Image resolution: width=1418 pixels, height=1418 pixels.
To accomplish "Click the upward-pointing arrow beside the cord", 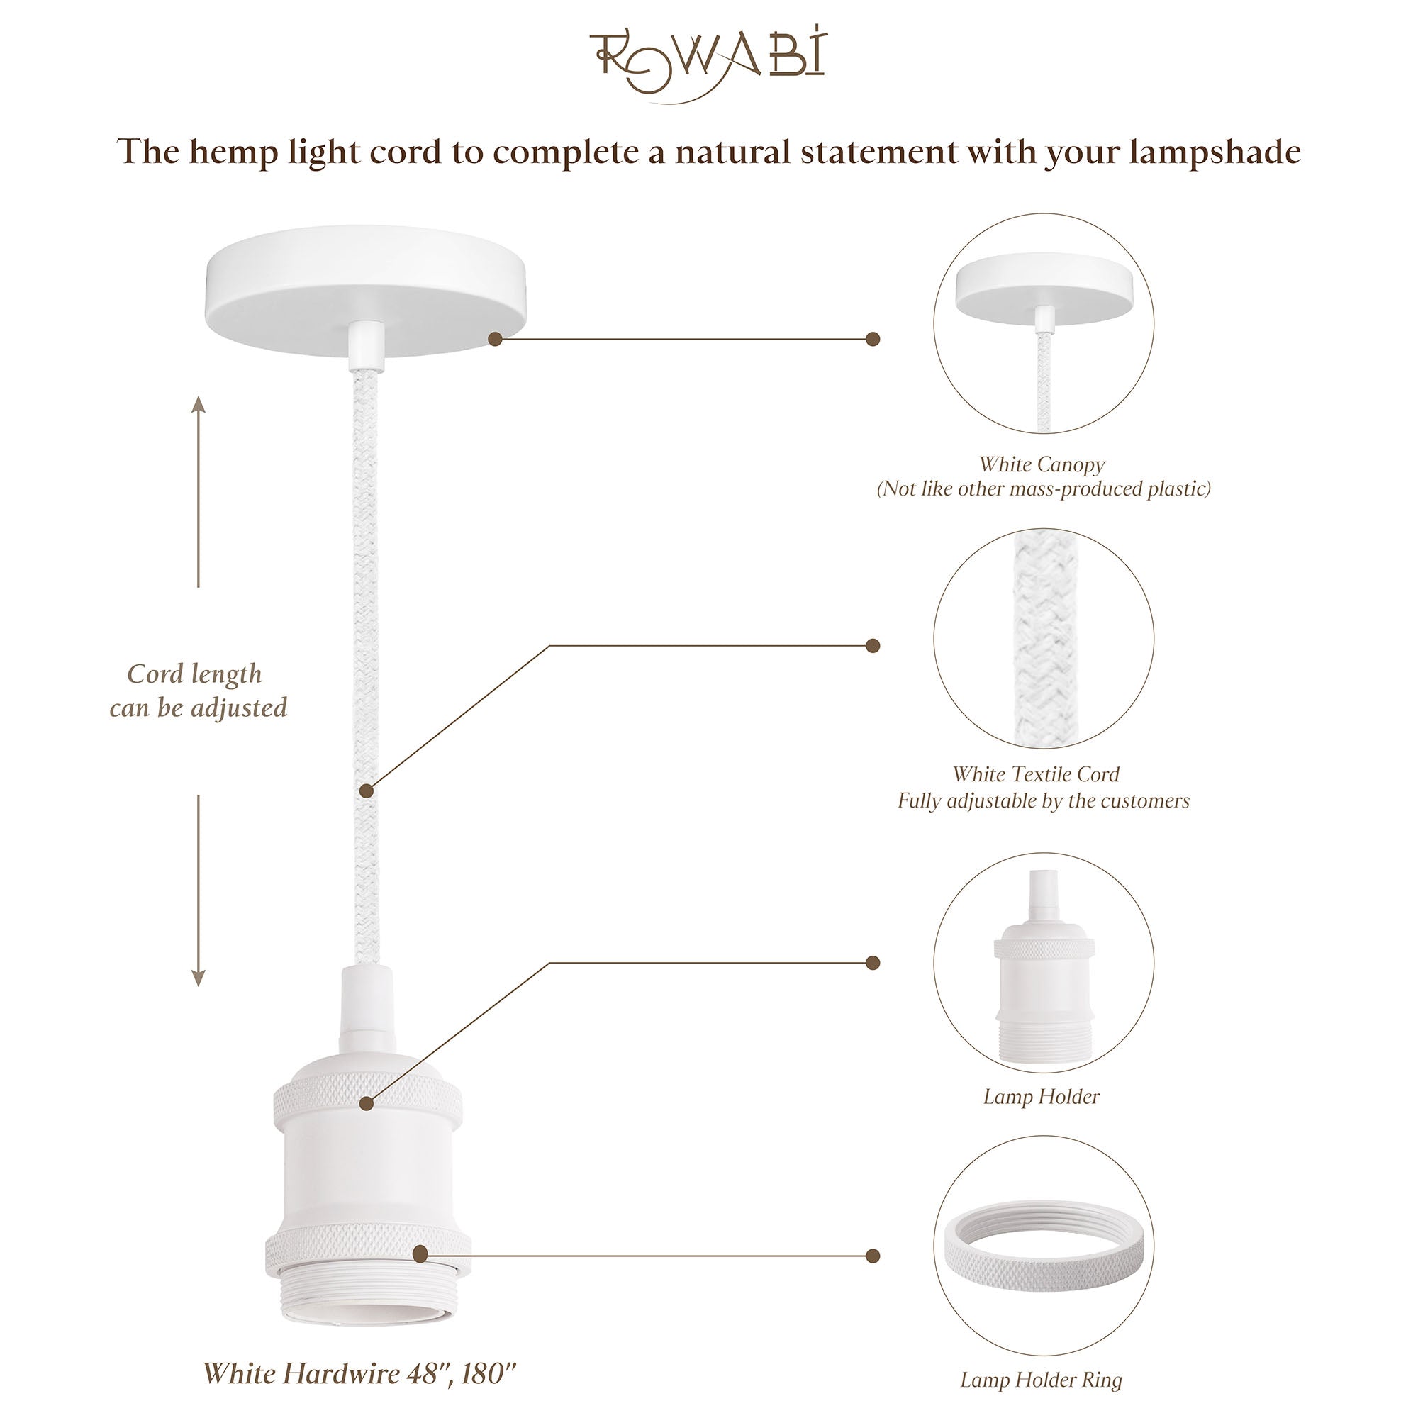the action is (x=199, y=492).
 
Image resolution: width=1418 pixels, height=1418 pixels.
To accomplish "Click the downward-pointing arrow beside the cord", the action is (x=199, y=891).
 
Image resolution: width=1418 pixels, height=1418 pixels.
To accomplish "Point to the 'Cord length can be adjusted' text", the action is (x=199, y=691).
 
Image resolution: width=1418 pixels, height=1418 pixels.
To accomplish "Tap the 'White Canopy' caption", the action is (x=1042, y=464).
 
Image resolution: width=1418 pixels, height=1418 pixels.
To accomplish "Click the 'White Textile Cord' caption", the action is (x=1036, y=774).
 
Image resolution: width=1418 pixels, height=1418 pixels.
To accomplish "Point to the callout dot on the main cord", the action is (x=367, y=791).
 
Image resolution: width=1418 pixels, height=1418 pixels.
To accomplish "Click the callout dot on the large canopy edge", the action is (x=496, y=339).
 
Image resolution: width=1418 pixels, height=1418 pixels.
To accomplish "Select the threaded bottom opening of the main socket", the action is (x=369, y=1299).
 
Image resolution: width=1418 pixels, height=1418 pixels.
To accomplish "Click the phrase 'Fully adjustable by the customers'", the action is (x=1043, y=800).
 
